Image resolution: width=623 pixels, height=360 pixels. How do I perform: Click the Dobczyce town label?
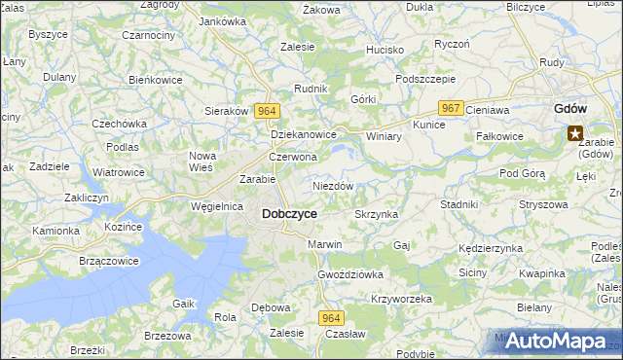coord(289,214)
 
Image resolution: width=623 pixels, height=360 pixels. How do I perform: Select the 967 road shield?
coord(450,108)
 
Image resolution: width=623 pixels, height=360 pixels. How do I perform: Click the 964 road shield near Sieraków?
coord(266,112)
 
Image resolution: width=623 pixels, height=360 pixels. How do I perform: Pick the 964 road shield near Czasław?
coord(330,318)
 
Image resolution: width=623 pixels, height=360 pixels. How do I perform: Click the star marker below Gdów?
coord(576,135)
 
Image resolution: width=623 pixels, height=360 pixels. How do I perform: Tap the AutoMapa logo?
coord(560,342)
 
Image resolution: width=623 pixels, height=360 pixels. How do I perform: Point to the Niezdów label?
coord(332,185)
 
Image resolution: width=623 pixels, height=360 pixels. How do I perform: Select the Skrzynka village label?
coord(376,214)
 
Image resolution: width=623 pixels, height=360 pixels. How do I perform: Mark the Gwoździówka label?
coord(350,274)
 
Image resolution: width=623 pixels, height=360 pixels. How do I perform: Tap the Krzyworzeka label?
coord(401,299)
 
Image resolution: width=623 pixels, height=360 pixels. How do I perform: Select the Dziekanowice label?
coord(303,135)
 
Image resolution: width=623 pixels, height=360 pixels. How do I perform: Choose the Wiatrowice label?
coord(119,172)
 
